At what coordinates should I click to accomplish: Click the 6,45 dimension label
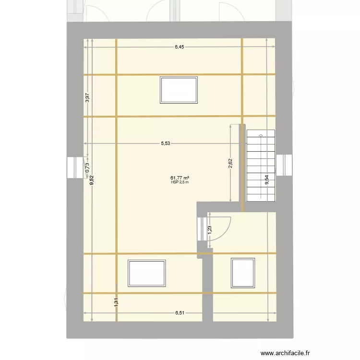[179, 47]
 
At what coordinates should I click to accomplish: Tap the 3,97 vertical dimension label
[87, 98]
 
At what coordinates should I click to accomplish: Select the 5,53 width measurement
[165, 143]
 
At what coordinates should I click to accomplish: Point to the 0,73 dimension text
[87, 166]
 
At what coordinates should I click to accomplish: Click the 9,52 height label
[91, 180]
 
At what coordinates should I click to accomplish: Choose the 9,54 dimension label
[267, 180]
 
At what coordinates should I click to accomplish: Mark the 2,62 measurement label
[230, 164]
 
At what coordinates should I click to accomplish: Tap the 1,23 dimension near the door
[209, 230]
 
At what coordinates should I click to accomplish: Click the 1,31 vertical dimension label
[116, 302]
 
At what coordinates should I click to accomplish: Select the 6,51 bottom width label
[180, 313]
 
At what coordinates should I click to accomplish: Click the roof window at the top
[179, 89]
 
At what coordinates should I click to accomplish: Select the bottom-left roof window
[147, 273]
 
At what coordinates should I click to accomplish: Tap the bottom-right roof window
[242, 273]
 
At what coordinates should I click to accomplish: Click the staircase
[262, 166]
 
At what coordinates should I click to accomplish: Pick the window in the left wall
[74, 167]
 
